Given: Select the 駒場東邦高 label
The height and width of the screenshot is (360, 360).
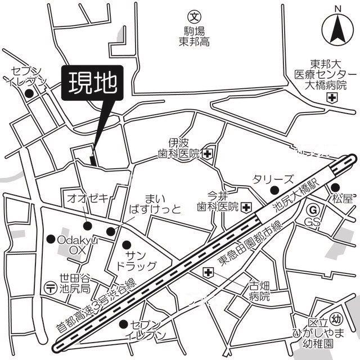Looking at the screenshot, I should (194, 35).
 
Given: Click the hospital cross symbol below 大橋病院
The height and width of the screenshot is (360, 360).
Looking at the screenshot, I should (332, 98).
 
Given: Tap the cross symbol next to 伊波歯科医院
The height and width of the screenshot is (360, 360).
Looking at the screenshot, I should (208, 153).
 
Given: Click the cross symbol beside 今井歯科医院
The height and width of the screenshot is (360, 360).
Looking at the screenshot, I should (246, 207).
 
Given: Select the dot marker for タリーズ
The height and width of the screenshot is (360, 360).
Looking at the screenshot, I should (274, 190).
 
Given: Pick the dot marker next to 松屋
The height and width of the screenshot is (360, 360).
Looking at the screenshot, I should (335, 187).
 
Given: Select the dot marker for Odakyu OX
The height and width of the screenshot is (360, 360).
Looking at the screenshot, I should (51, 238).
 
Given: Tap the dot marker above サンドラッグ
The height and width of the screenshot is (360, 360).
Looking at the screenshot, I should (127, 244).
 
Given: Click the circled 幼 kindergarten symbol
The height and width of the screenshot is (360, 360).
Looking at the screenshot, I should (336, 317).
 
